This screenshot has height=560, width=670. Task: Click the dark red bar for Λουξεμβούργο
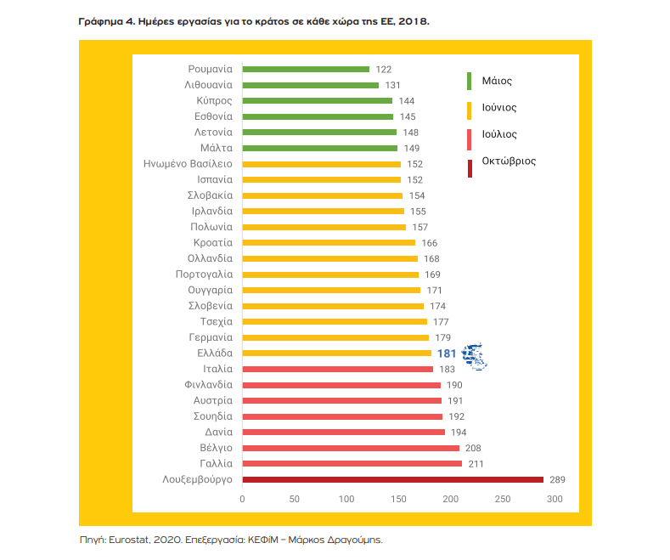coord(392,479)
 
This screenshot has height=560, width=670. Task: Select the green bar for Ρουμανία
coord(306,69)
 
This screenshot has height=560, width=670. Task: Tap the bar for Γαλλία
coord(352,463)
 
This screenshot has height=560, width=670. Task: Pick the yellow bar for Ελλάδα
coord(336,353)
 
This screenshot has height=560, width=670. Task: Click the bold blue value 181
coord(447,353)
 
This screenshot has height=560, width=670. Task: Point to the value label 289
coord(556,479)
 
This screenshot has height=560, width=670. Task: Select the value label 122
coord(383,69)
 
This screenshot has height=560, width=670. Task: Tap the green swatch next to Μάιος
coord(470,82)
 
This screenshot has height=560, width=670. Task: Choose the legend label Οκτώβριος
coord(509,160)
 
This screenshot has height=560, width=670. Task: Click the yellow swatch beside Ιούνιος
coord(470,108)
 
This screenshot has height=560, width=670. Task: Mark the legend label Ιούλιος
coord(499,134)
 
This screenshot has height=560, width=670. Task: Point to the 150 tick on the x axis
coord(398,499)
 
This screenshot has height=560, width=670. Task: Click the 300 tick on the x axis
coord(555,499)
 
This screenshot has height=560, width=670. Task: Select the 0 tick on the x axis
coord(242,499)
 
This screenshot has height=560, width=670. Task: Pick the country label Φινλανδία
coord(208,384)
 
